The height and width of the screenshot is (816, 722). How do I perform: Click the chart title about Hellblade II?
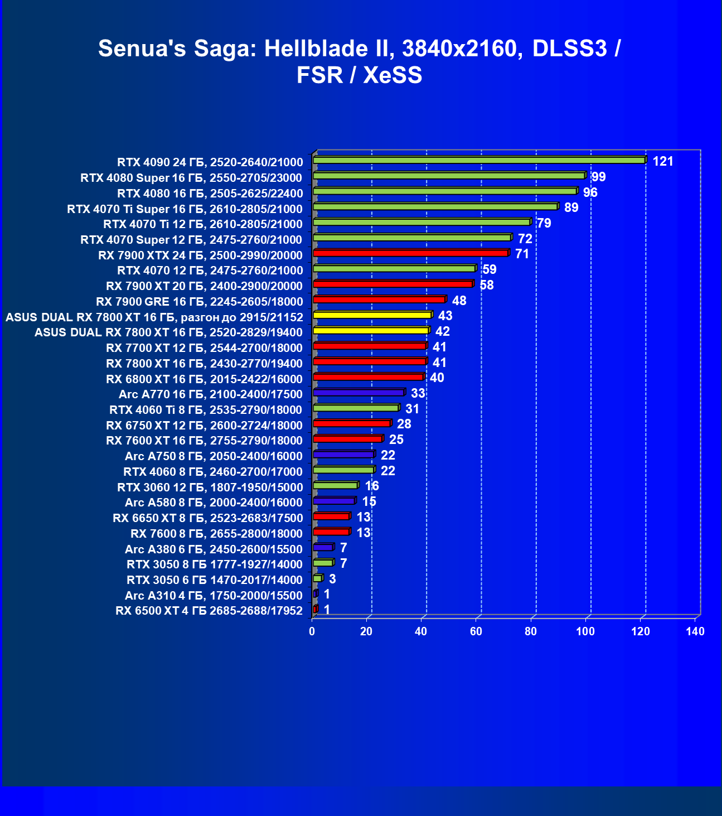pyautogui.click(x=360, y=61)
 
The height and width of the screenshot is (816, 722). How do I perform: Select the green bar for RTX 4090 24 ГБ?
pyautogui.click(x=479, y=161)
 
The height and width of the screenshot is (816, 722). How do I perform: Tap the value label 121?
pyautogui.click(x=663, y=162)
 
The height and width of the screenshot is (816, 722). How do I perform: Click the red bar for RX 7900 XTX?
pyautogui.click(x=411, y=253)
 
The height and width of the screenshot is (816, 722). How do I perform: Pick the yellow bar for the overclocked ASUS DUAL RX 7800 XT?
pyautogui.click(x=372, y=315)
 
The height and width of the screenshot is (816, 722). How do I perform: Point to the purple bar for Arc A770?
pyautogui.click(x=359, y=393)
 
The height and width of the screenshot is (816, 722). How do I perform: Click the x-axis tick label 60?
pyautogui.click(x=476, y=631)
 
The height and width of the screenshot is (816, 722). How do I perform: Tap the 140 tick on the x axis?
pyautogui.click(x=695, y=631)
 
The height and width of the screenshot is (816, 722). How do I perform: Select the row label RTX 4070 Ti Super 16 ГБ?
pyautogui.click(x=185, y=209)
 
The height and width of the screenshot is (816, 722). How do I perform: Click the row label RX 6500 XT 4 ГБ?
pyautogui.click(x=209, y=611)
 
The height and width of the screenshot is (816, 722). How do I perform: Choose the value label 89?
pyautogui.click(x=571, y=208)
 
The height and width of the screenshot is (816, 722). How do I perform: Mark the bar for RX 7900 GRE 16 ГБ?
pyautogui.click(x=379, y=300)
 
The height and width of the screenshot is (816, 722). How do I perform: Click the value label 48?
pyautogui.click(x=459, y=301)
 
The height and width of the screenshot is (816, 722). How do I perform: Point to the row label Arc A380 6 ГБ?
pyautogui.click(x=214, y=549)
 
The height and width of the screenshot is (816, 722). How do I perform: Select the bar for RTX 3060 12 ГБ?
pyautogui.click(x=335, y=485)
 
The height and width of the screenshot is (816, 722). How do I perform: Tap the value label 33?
pyautogui.click(x=418, y=394)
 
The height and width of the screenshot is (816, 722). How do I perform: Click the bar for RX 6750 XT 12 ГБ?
pyautogui.click(x=352, y=423)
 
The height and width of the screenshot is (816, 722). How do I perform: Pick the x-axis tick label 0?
pyautogui.click(x=312, y=631)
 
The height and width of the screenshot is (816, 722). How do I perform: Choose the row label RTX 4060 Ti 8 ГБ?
pyautogui.click(x=206, y=410)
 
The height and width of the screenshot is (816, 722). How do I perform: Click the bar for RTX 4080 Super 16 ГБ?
pyautogui.click(x=449, y=176)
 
